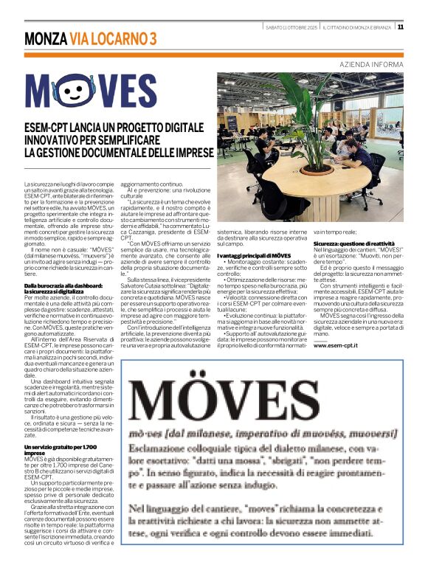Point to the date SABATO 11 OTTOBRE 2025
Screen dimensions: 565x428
pyautogui.click(x=291, y=27)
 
